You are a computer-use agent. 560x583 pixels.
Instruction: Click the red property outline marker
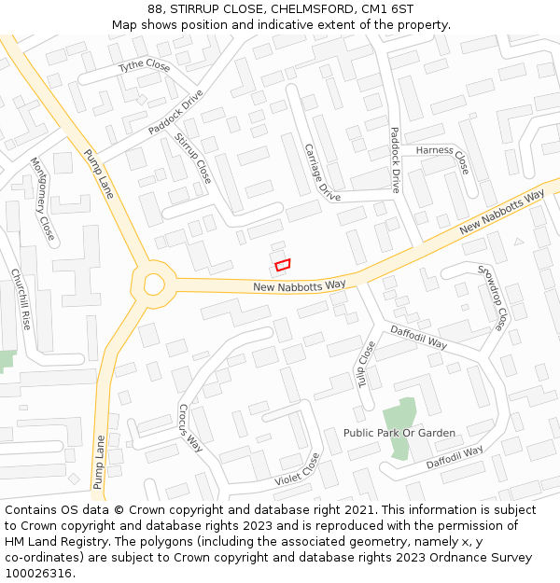pos(283,266)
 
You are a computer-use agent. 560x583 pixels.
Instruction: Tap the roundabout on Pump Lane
pos(153,285)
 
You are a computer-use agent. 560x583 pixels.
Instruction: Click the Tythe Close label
pos(144,66)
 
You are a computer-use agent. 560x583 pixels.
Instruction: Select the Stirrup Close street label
pos(193,158)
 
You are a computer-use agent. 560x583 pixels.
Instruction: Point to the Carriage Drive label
pos(323,173)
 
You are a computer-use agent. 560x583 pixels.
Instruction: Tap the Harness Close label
pos(442,157)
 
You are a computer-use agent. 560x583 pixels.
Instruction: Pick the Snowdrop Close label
pos(492,298)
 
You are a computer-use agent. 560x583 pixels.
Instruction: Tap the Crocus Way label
pos(189,428)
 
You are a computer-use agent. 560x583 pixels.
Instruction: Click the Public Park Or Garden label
pos(399,433)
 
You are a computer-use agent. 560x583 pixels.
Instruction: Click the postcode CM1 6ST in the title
pos(392,9)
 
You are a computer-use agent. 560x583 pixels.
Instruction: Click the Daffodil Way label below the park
pos(455,457)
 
